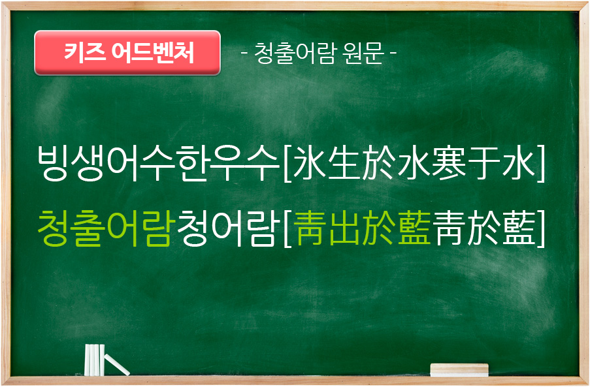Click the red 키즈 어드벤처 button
(x=127, y=52)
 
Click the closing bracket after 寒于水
(x=541, y=163)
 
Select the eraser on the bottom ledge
(x=459, y=370)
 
